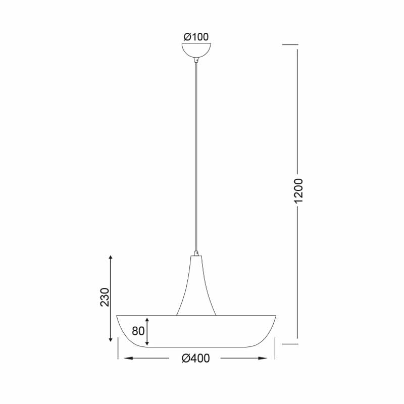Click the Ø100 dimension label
[196, 37]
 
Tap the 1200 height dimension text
[298, 190]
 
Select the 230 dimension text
[105, 297]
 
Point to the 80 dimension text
[138, 331]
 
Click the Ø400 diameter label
[196, 359]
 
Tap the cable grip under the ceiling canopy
[196, 61]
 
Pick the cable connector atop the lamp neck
[196, 253]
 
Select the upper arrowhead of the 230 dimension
[111, 258]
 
